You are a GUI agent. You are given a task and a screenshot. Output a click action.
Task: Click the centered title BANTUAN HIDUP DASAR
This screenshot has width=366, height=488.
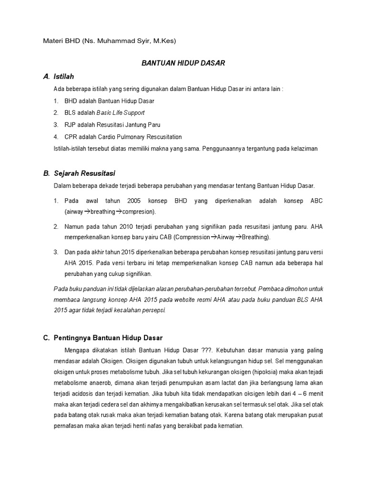click(x=183, y=63)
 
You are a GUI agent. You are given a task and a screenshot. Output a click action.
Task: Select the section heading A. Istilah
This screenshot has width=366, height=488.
click(x=59, y=76)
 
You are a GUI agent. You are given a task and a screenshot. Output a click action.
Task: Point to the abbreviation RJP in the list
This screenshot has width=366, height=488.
click(x=70, y=125)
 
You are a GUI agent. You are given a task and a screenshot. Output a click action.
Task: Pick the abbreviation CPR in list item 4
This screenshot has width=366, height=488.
click(x=71, y=137)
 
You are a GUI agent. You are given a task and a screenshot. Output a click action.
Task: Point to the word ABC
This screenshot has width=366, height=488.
click(x=316, y=201)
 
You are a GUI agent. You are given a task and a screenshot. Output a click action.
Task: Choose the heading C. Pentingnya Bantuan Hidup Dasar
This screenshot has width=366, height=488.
click(x=102, y=338)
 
